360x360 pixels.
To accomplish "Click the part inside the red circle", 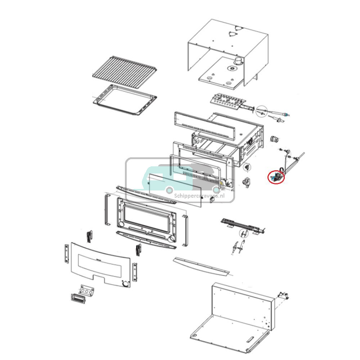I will pos(276,177).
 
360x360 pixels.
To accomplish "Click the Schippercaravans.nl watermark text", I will pos(199,196).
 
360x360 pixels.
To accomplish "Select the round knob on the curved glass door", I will pos(125,284).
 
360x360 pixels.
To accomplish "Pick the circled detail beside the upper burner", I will pos(262,112).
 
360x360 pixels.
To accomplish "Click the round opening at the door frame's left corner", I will pos(121,225).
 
